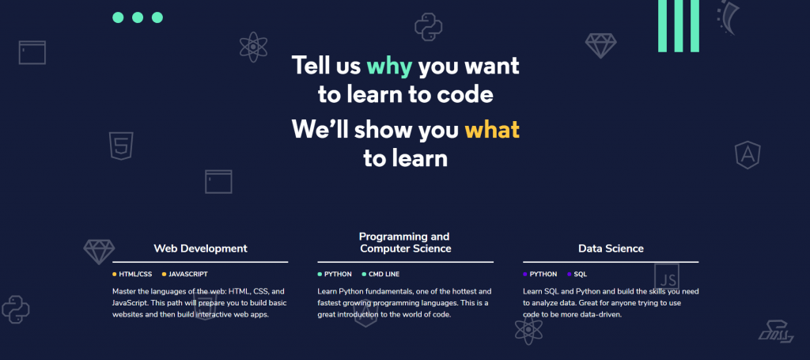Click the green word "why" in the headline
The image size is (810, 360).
coord(389,67)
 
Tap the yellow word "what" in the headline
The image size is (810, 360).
coord(492,129)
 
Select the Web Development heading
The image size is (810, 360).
coord(200,248)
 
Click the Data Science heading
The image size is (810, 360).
coord(611,248)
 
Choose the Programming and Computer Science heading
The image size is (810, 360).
coord(406,243)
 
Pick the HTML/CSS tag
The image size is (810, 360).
coord(135,275)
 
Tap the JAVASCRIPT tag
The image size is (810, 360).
coord(188,275)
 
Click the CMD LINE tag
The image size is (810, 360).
coord(384,275)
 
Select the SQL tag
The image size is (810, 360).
coord(580,275)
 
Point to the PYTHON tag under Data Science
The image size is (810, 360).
coord(543,275)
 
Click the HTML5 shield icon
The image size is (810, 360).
coord(121,146)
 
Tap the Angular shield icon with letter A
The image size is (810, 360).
coord(748,155)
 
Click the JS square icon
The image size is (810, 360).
coord(666,277)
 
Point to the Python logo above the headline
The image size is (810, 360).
coord(428,27)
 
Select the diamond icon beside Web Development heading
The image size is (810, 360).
coord(99,252)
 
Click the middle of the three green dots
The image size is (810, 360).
coord(138,17)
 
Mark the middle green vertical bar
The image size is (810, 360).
coord(679,26)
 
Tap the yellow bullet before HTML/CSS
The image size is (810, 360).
coord(115,275)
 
